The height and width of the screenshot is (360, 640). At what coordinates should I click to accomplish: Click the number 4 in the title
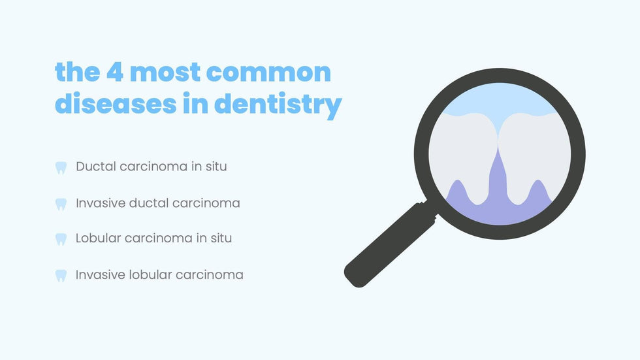[x=115, y=73]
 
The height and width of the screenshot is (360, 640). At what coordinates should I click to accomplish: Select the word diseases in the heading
[x=116, y=103]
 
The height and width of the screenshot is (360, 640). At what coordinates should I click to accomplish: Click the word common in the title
[x=268, y=73]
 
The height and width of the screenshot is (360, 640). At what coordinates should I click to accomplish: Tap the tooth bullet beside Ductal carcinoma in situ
[x=61, y=168]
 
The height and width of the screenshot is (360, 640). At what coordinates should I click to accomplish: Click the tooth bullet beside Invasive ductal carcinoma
[x=61, y=204]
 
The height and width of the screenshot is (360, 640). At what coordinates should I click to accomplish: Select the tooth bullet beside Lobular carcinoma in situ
[x=61, y=239]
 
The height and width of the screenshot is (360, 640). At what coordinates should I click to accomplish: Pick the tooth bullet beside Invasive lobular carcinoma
[x=61, y=276]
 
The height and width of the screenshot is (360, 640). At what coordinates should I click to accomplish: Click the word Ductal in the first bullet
[x=96, y=167]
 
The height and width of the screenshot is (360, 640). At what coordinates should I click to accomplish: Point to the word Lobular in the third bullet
[x=98, y=238]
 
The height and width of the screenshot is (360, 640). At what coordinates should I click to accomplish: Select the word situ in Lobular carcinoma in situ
[x=221, y=238]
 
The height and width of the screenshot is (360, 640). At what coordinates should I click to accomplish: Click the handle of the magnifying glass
[x=390, y=244]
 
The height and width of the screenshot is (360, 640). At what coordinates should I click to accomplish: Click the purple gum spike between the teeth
[x=498, y=180]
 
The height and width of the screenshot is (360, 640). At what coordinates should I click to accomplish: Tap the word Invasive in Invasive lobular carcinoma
[x=101, y=274]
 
